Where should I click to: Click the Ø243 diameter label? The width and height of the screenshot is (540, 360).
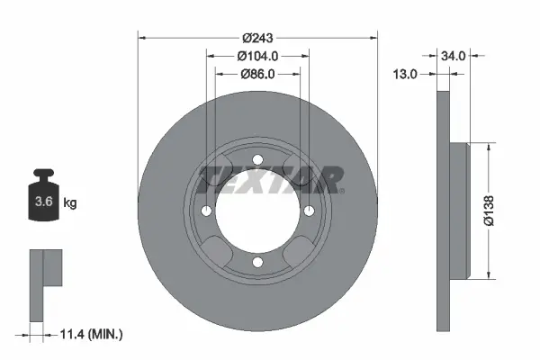(257, 38)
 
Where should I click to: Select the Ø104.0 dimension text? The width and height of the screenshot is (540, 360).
(257, 56)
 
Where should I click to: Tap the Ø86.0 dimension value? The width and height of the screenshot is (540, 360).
(257, 74)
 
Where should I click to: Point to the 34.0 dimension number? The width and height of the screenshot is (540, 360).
(454, 56)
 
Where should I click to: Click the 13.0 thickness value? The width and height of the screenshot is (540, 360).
(405, 74)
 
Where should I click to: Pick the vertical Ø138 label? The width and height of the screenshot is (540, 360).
(489, 211)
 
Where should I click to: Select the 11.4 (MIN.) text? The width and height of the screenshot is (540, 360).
(91, 334)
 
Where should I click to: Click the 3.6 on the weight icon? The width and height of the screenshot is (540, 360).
(44, 202)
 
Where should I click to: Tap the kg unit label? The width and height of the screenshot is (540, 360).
(70, 202)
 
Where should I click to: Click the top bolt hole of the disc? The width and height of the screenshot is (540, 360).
(257, 160)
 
